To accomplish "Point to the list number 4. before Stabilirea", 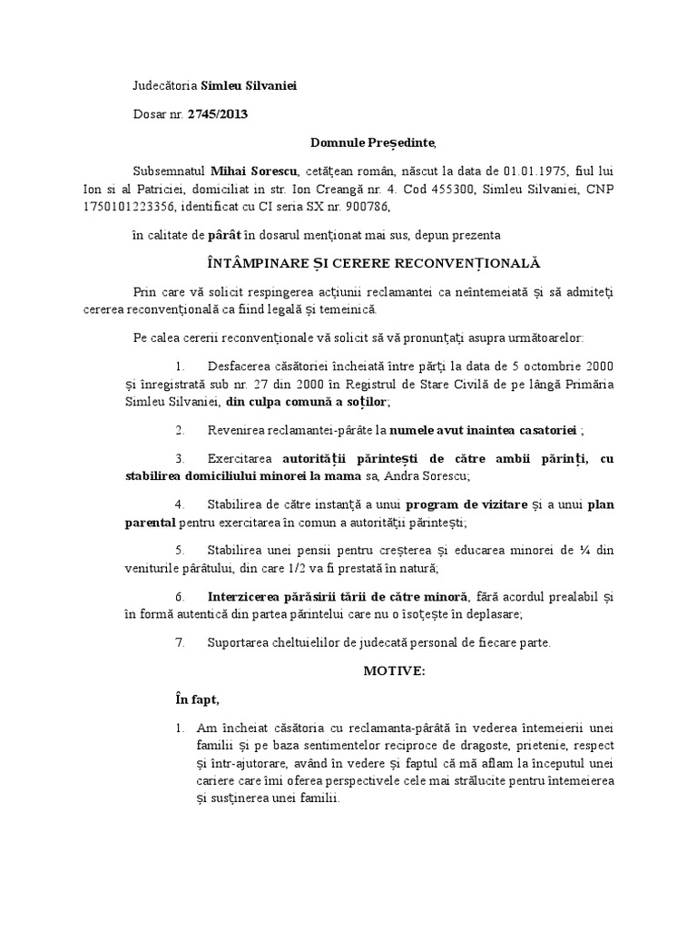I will (181, 504).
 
